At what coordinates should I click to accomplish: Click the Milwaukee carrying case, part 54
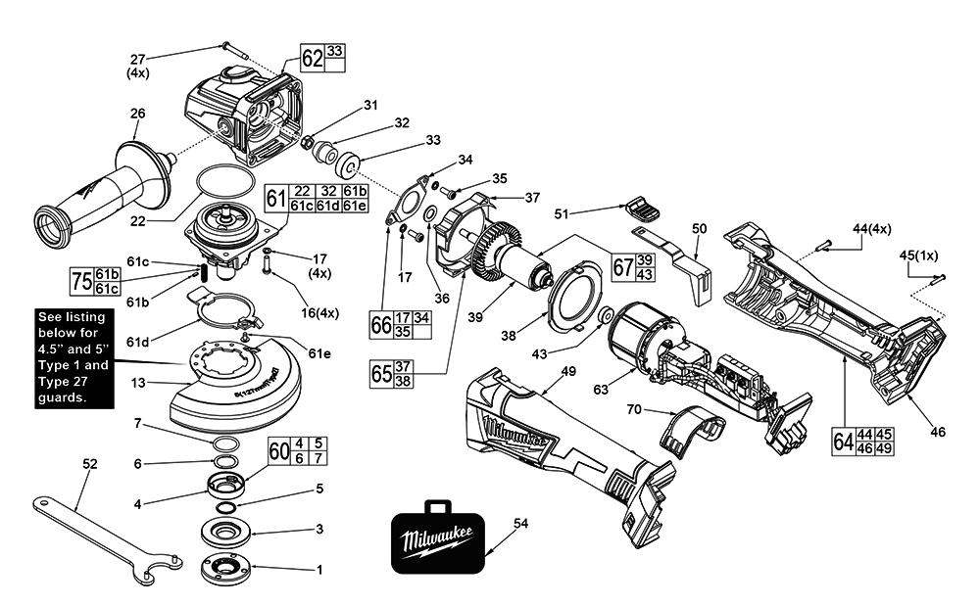[x=437, y=541]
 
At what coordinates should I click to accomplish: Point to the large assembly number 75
[x=81, y=283]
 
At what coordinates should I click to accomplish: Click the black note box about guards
[x=73, y=357]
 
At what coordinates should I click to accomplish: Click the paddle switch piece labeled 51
[x=642, y=208]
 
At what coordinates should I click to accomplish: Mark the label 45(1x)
[x=918, y=256]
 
